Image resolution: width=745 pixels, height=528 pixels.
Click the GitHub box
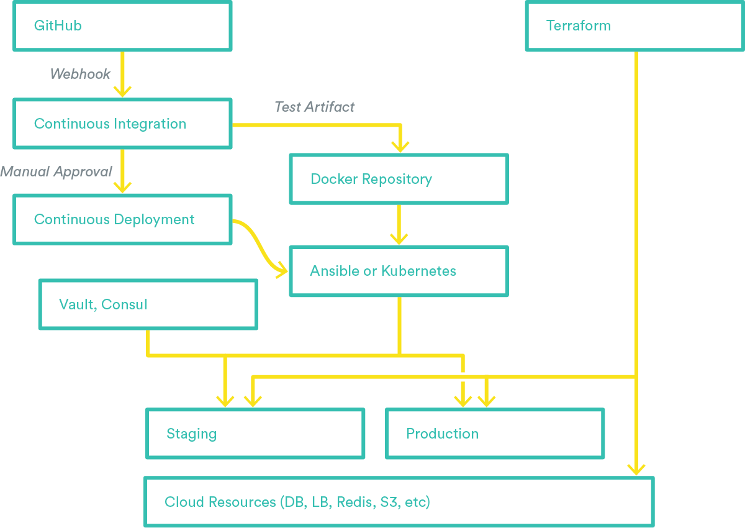coord(122,26)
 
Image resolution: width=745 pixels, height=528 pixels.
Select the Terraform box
coord(634,26)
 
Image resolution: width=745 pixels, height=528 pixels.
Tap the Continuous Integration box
coord(122,124)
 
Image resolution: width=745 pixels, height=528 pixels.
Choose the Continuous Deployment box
coord(122,219)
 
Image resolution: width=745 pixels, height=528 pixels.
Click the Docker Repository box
coord(399,179)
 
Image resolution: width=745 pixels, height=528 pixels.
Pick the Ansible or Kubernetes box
coord(399,271)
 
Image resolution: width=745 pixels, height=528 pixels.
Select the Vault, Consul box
coord(148,304)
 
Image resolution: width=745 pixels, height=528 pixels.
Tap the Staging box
coord(255,434)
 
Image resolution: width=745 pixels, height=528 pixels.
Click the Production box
coord(495,434)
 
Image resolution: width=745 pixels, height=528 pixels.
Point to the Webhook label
coord(80,74)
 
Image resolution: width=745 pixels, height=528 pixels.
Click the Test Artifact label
coord(314,107)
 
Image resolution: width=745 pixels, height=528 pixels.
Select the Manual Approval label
coord(56,171)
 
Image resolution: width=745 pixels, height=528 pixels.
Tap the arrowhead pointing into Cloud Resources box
coord(636,469)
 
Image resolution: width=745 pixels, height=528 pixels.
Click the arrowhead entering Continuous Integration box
coord(122,91)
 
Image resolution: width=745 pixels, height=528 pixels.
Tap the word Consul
coord(124,304)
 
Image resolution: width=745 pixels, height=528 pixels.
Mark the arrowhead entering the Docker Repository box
coord(400,146)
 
